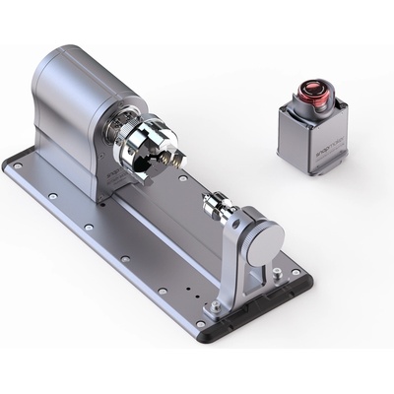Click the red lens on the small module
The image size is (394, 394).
click(x=313, y=94)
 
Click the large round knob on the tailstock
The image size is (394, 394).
click(x=265, y=240)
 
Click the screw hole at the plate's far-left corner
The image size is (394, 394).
click(x=17, y=167)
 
